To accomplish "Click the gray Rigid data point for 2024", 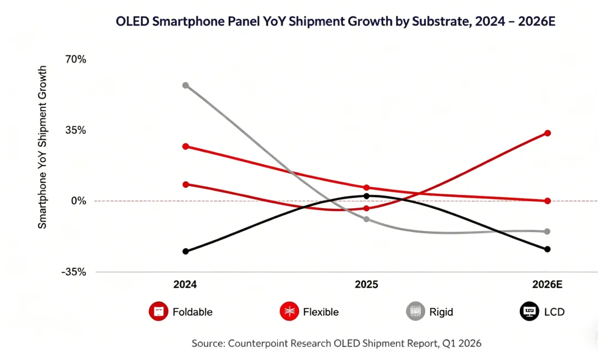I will click(185, 85).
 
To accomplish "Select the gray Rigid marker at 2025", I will click(366, 219).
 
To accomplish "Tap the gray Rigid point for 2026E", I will click(548, 232).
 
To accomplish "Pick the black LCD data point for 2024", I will click(185, 251).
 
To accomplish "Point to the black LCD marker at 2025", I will click(366, 196).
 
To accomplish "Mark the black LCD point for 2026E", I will click(548, 249).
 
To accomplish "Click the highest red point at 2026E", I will click(548, 133).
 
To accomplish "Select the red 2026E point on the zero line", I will click(548, 200).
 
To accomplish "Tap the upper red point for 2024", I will click(185, 146).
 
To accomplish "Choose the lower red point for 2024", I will click(185, 184).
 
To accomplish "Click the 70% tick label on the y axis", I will click(76, 59).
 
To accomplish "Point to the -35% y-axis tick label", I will click(74, 272).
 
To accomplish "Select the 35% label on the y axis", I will click(76, 130).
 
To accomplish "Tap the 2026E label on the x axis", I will click(547, 285).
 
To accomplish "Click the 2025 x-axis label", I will click(366, 285).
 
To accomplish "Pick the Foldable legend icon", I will click(158, 312).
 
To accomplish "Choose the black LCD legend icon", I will click(529, 312).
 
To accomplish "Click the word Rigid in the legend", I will click(441, 312).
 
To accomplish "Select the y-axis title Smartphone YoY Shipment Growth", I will click(43, 147).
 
